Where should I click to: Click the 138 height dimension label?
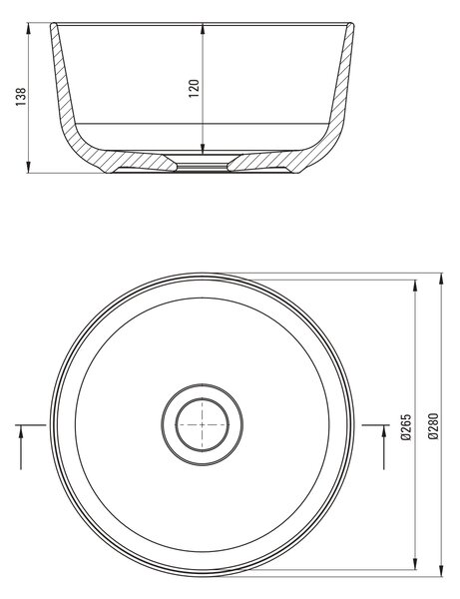21,96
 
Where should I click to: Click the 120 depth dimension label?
195,88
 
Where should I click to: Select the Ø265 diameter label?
406,426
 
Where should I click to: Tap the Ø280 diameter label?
434,426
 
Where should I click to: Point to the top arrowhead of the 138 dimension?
29,29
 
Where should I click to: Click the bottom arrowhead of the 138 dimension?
29,167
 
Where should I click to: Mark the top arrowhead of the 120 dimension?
203,29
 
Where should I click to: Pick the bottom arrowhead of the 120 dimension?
203,148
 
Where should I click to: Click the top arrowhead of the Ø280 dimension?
442,280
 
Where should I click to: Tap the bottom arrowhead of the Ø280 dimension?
442,571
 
